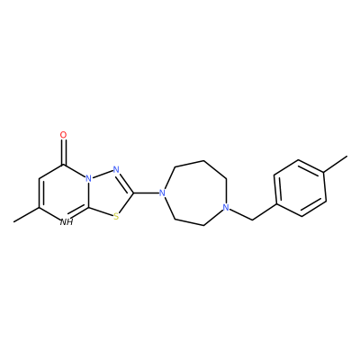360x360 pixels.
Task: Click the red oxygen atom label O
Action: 63,135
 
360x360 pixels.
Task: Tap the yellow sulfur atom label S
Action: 116,216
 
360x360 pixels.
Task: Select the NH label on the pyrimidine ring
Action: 67,222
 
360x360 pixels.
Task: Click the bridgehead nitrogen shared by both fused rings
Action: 88,179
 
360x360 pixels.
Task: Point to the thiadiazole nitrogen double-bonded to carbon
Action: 116,170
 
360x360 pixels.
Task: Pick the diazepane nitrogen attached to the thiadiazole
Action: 162,193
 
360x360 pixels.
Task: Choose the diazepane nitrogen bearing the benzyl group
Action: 226,207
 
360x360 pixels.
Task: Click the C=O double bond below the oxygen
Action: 63,152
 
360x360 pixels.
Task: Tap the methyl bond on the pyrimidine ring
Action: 26,215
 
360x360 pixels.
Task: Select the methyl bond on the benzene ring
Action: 336,164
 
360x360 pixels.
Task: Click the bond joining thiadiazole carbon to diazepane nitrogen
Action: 146,193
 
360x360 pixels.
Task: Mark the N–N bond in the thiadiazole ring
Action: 103,175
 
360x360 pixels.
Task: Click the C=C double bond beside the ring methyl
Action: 40,193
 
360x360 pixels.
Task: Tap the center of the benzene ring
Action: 300,188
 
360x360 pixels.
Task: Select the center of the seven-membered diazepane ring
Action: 195,193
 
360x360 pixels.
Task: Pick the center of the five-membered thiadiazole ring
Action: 109,193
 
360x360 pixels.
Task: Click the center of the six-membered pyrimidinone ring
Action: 64,193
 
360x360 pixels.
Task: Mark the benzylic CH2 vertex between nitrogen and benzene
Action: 252,220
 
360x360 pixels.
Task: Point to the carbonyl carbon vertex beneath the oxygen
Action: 63,165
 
